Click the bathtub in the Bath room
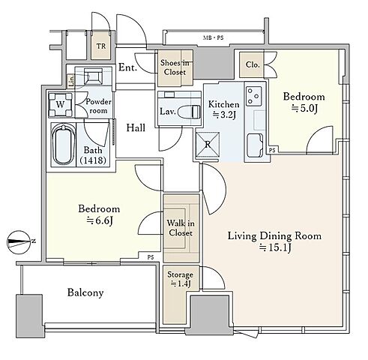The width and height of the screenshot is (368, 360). tap(64, 145)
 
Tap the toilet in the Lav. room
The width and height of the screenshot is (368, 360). tap(194, 112)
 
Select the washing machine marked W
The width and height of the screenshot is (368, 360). tap(60, 104)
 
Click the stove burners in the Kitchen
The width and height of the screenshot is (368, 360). tap(253, 96)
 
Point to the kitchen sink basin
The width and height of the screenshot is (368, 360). tap(255, 145)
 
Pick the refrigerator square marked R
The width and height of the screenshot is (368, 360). tap(208, 144)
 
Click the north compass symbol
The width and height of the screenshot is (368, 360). tap(20, 241)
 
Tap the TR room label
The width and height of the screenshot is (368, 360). tap(101, 46)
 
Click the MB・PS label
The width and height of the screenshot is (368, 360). tap(213, 38)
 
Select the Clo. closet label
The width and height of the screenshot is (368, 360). tap(253, 64)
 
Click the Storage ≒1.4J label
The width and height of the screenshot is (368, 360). tap(180, 279)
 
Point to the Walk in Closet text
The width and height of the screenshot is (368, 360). tap(181, 228)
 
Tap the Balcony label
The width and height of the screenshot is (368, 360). tap(85, 292)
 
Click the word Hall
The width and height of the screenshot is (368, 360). tap(136, 127)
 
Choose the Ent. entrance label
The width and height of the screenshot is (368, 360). tap(127, 67)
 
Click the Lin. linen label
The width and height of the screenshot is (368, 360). tap(71, 81)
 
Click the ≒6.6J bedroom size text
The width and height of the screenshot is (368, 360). tap(100, 220)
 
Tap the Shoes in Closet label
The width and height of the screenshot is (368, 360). tap(175, 67)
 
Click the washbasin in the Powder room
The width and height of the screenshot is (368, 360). tap(93, 76)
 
